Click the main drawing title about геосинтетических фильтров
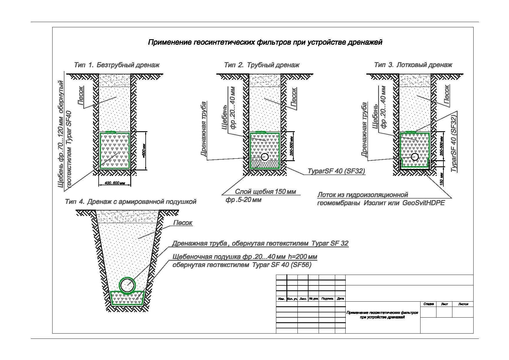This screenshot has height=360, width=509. point(265,42)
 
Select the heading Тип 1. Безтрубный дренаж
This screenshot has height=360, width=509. point(117,65)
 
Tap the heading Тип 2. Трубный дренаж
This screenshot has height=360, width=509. point(261,65)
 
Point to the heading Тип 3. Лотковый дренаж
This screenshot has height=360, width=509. point(413,65)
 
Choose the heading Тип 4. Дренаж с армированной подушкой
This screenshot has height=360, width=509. point(131,201)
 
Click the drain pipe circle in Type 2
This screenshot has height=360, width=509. point(265,157)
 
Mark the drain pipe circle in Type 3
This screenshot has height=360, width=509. point(415,157)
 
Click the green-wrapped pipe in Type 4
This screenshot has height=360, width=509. point(127,285)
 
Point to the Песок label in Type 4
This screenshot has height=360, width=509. point(183,223)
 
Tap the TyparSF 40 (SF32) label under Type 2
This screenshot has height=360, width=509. point(337,171)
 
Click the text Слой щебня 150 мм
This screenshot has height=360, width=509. point(265,192)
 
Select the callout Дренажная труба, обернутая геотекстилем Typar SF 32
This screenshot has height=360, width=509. point(260,243)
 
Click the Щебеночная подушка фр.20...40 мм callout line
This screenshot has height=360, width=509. point(245,257)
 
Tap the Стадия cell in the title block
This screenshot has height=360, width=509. point(428,304)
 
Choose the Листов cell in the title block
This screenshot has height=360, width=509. point(463,304)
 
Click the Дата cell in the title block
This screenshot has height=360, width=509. point(340,298)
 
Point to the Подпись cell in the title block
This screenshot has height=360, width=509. point(327,298)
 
